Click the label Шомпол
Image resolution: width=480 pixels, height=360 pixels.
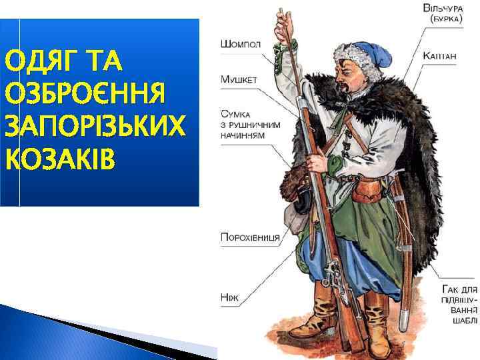coord(240,45)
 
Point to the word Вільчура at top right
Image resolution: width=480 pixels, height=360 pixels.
coord(444,9)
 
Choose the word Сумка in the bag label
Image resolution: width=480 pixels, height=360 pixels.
coord(236,113)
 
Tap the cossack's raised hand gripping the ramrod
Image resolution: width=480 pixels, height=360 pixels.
coord(289,47)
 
